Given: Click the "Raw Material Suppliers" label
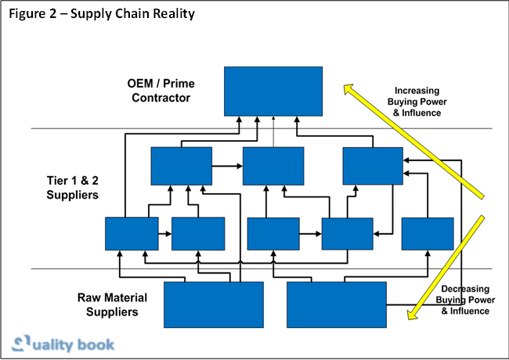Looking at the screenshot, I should (x=108, y=304).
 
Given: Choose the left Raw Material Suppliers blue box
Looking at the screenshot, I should (x=213, y=304).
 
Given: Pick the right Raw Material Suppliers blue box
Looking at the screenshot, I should (x=337, y=304).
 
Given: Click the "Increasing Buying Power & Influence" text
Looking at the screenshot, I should (x=417, y=102).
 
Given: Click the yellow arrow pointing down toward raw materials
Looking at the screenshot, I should (x=446, y=258).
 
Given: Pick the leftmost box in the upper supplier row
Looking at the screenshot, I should (x=181, y=166).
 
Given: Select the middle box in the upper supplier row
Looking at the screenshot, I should (x=273, y=166).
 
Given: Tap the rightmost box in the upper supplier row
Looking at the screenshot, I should (x=373, y=166).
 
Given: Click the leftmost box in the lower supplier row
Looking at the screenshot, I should (x=132, y=233).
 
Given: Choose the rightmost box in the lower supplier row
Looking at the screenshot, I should (x=428, y=233).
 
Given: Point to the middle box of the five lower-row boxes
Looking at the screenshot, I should (x=273, y=233).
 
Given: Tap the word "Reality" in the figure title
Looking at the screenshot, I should (x=171, y=14).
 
